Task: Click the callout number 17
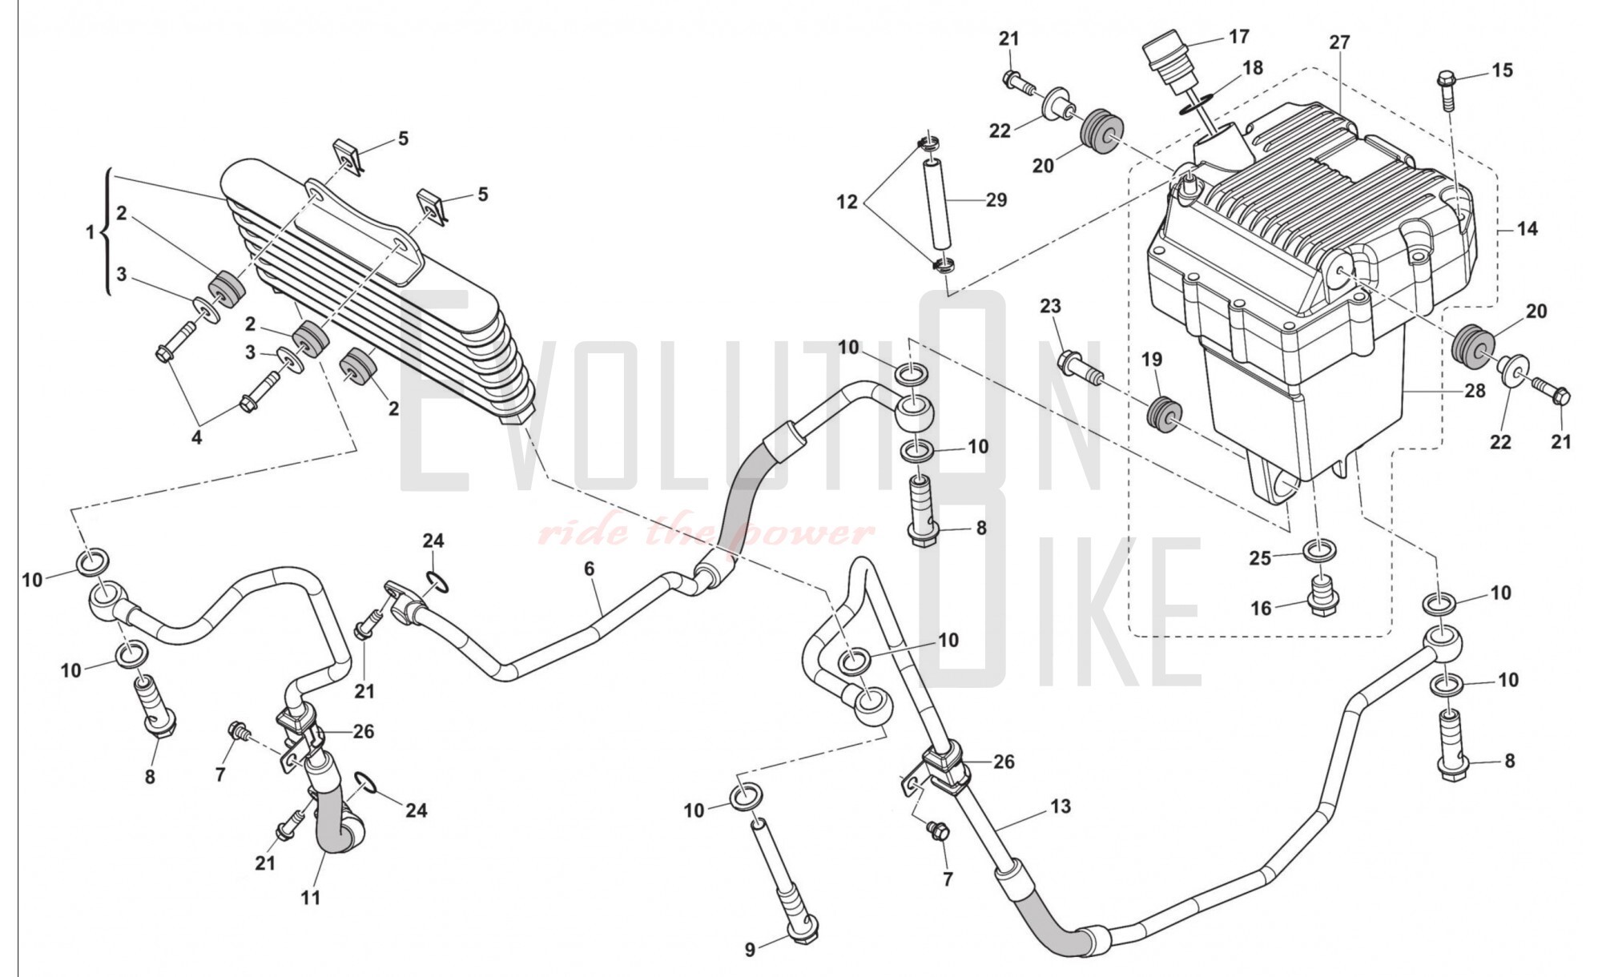(1238, 37)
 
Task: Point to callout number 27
(1339, 42)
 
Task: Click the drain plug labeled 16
(1319, 597)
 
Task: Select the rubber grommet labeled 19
(1163, 413)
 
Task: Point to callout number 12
(847, 203)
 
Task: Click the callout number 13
(1061, 806)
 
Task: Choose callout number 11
(310, 898)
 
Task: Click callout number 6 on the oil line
(590, 569)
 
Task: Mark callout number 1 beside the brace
(91, 232)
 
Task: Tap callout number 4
(196, 438)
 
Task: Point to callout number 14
(1528, 229)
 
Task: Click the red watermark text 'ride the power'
(705, 532)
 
